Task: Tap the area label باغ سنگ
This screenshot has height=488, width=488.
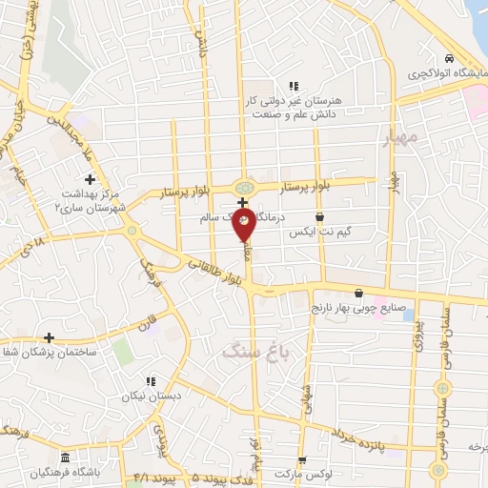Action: (x=247, y=352)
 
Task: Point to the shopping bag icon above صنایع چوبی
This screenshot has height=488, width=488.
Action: (x=358, y=293)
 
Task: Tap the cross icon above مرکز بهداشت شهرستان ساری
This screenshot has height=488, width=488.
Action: (x=90, y=178)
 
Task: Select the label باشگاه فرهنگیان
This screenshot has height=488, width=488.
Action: (x=66, y=471)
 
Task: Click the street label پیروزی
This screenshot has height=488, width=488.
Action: (x=416, y=327)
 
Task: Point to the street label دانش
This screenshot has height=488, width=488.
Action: (x=203, y=38)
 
